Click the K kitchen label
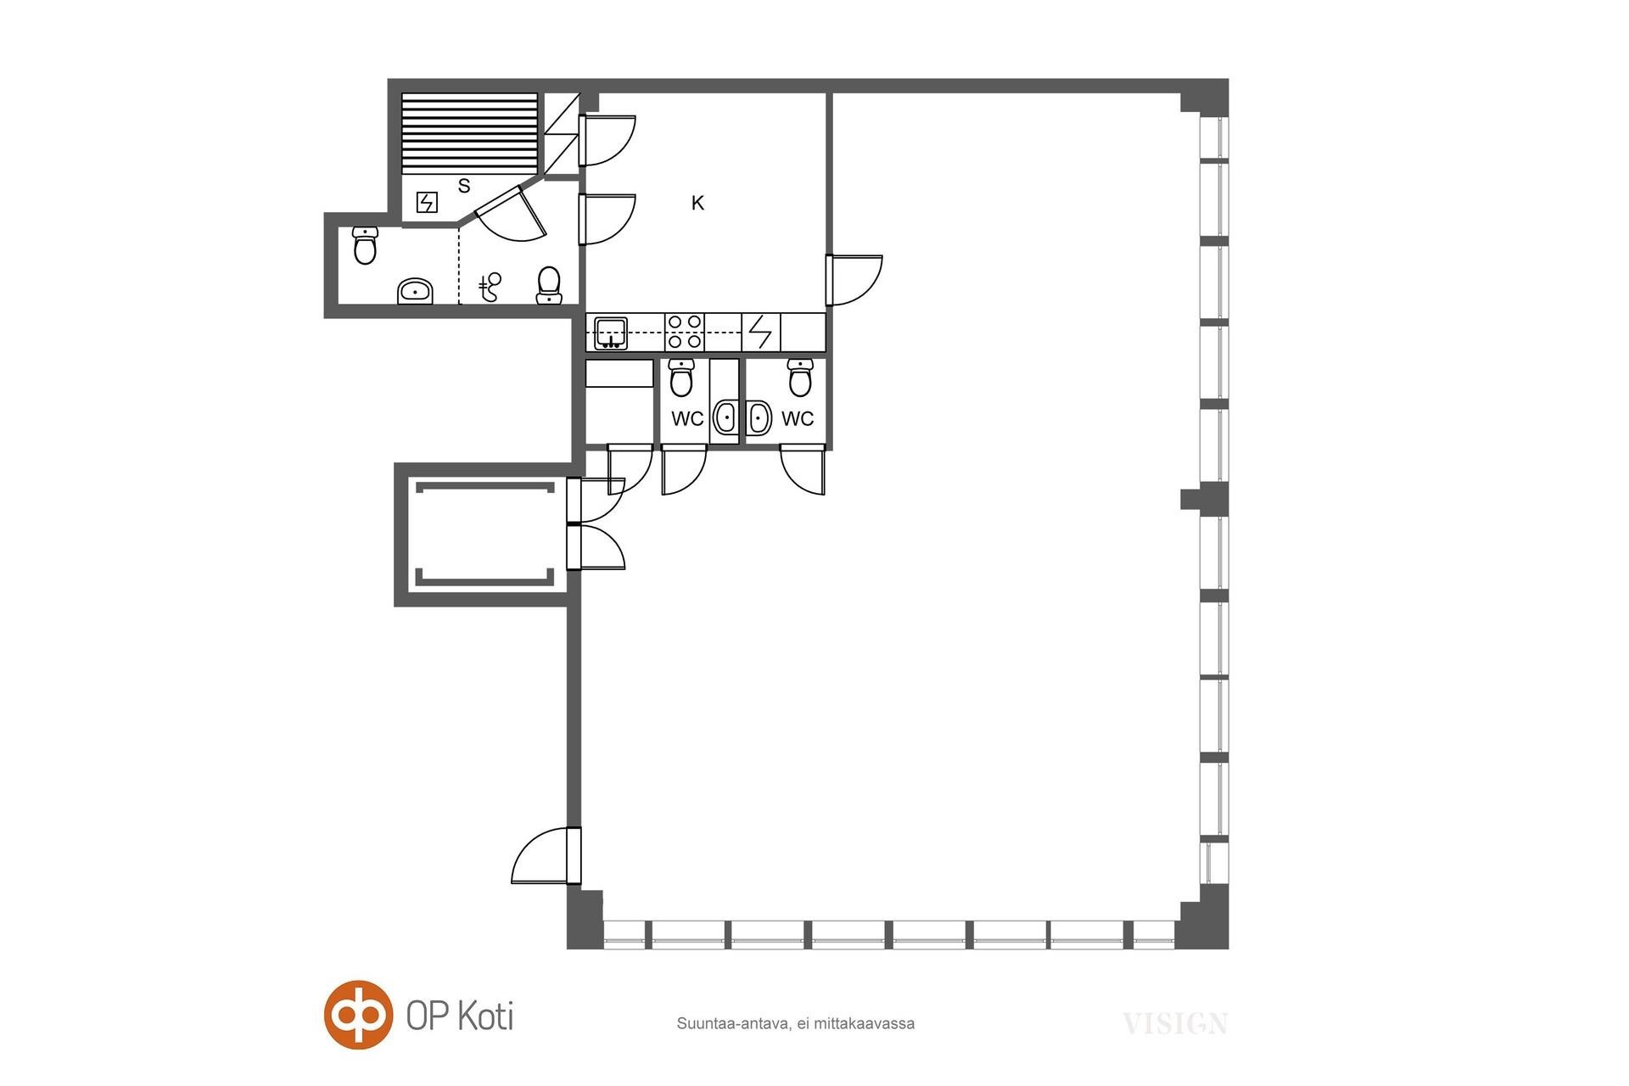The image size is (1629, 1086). tap(697, 203)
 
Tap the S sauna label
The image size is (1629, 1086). tap(464, 186)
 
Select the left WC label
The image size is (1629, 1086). tap(687, 418)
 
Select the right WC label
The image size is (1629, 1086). tap(798, 418)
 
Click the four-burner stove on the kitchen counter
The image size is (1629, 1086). tap(685, 332)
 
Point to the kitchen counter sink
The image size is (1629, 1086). tap(611, 333)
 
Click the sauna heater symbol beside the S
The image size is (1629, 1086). tap(427, 203)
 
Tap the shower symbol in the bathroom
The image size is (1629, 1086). tap(490, 288)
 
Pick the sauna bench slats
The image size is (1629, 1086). tap(469, 132)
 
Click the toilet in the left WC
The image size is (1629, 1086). tap(681, 378)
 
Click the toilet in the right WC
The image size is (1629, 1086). tap(800, 378)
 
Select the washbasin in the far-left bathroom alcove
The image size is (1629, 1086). tap(416, 291)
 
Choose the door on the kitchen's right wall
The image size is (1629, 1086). tap(854, 280)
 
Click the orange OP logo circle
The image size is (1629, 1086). tap(359, 1015)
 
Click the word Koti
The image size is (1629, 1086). tap(485, 1016)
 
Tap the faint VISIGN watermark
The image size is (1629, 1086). tap(1175, 1024)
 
